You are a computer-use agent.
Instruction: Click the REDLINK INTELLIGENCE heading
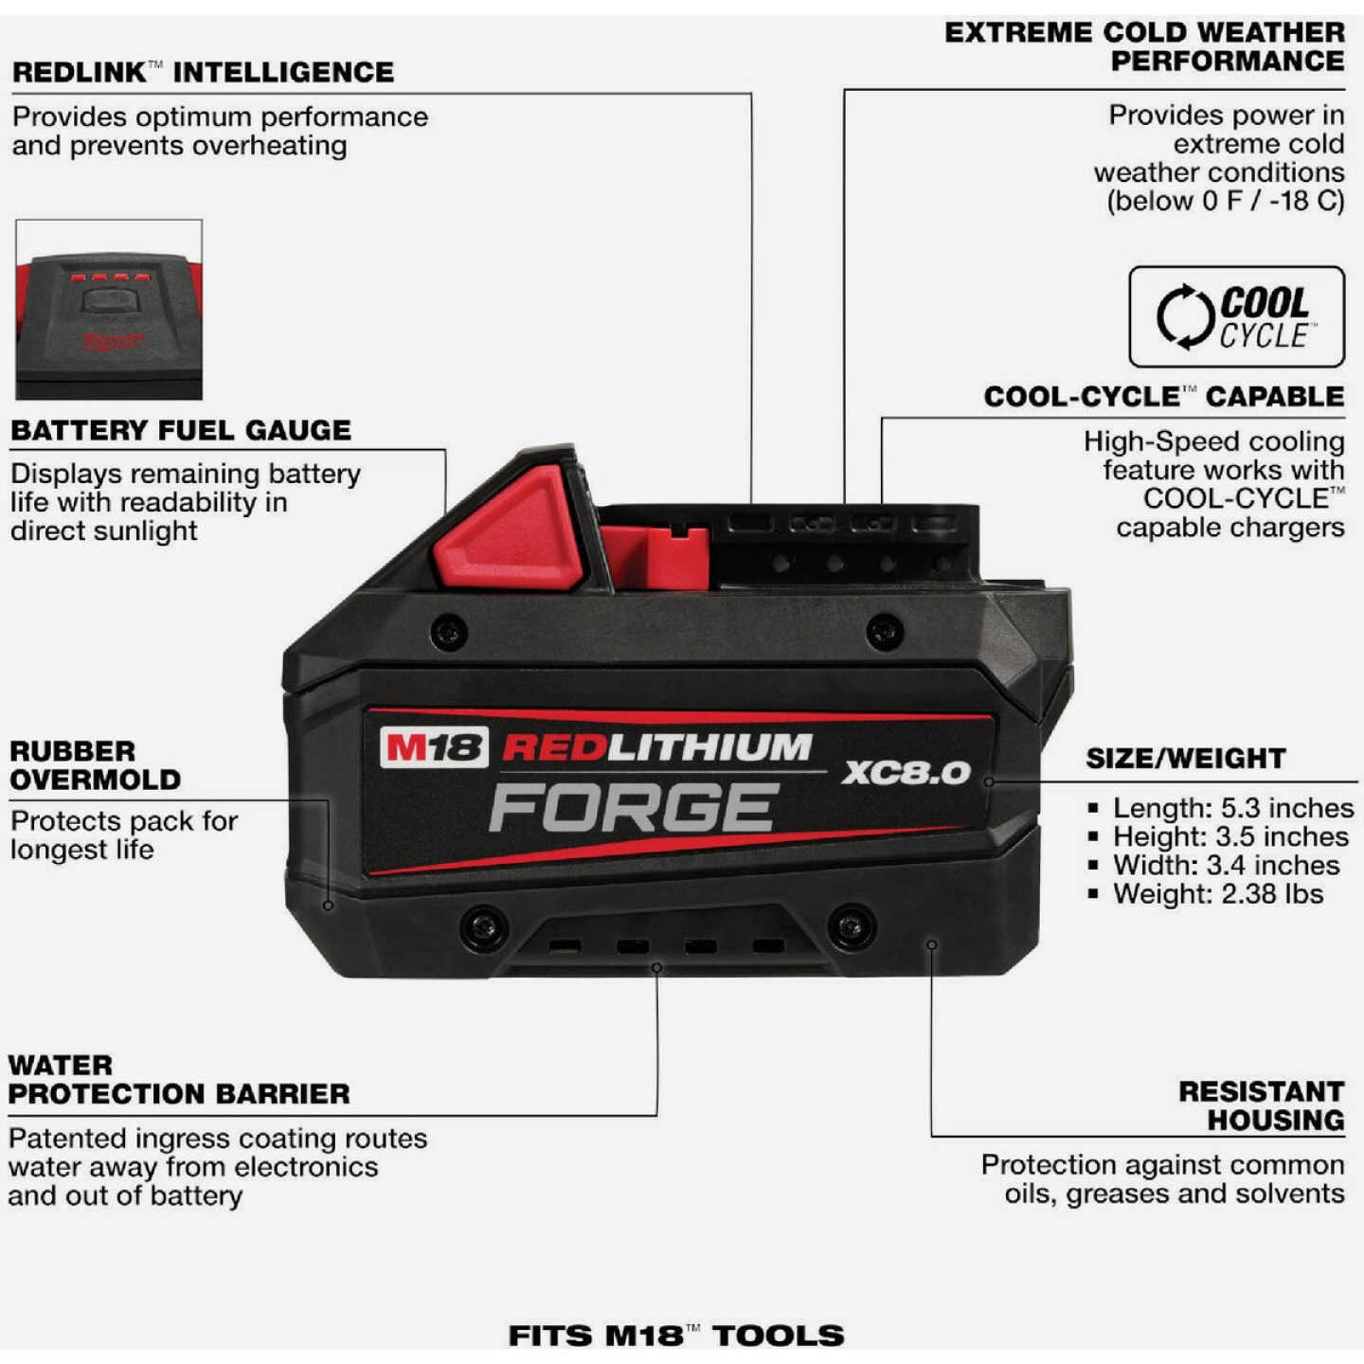[x=203, y=72]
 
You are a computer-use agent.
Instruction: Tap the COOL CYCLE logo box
[x=1236, y=316]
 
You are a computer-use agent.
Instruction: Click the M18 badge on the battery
[x=434, y=747]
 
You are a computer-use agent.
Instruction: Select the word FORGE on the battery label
[x=634, y=808]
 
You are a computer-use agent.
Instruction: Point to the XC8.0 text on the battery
[x=906, y=772]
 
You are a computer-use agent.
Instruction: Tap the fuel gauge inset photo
[x=109, y=309]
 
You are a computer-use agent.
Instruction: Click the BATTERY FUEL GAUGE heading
[x=181, y=430]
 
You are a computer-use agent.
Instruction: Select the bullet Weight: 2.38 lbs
[x=1217, y=893]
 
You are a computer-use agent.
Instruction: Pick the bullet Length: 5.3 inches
[x=1231, y=808]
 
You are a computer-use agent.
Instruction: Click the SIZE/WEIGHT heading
[x=1185, y=758]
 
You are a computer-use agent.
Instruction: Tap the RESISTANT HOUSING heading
[x=1261, y=1105]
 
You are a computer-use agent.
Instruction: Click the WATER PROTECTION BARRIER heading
[x=179, y=1080]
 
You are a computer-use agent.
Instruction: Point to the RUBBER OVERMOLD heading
[x=95, y=765]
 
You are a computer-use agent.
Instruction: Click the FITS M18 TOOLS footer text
[x=675, y=1336]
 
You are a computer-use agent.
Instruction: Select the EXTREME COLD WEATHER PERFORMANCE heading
[x=1144, y=46]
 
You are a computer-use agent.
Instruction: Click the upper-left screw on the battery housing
[x=449, y=632]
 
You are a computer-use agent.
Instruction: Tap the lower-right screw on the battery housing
[x=851, y=927]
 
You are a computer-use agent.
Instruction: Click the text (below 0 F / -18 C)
[x=1225, y=201]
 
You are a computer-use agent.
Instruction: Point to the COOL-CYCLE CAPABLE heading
[x=1163, y=396]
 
